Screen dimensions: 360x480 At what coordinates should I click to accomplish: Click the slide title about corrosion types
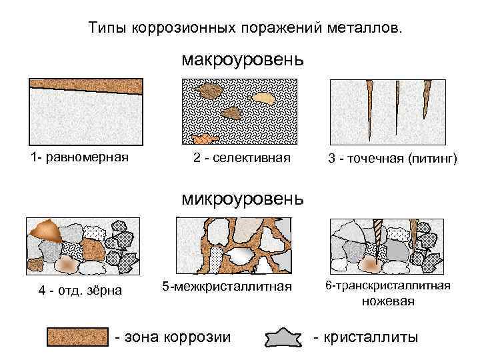click(246, 29)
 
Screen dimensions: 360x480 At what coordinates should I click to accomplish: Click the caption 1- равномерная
click(79, 158)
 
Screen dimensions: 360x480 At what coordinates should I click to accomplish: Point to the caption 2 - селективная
click(242, 159)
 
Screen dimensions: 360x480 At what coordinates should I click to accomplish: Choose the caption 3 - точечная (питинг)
click(393, 159)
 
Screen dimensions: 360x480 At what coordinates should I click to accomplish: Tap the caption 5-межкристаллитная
click(227, 287)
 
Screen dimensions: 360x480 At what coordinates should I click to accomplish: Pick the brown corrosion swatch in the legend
click(77, 337)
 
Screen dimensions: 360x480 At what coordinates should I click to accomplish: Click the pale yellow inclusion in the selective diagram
click(264, 98)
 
